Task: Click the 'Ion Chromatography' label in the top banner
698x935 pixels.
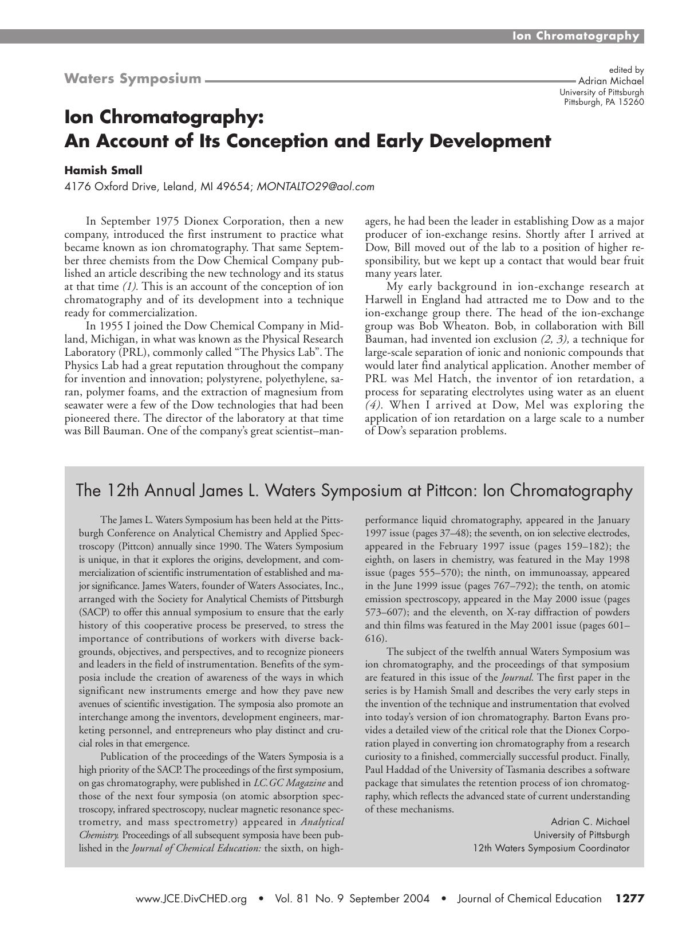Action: tap(575, 36)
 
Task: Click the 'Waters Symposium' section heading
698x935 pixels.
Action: tap(133, 78)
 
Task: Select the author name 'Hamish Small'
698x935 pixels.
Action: tap(103, 170)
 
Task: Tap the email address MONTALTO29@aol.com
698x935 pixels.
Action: tap(316, 186)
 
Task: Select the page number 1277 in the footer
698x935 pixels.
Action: tap(630, 898)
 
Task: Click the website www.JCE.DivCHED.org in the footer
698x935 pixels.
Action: tap(191, 898)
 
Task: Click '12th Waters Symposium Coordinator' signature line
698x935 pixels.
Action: tap(551, 848)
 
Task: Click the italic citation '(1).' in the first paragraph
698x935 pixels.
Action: tap(129, 286)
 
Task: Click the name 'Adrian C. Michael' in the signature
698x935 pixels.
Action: tap(590, 822)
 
